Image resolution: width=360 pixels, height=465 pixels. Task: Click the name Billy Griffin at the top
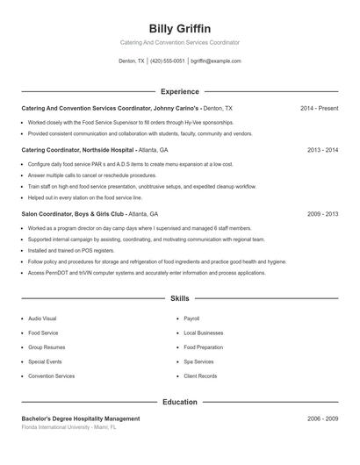point(179,28)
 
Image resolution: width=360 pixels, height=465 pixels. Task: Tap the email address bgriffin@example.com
point(215,61)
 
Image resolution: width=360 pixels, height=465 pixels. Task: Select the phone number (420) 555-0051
point(168,61)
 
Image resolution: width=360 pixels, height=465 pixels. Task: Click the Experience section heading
point(179,91)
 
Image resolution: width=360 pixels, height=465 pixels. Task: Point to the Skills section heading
point(179,299)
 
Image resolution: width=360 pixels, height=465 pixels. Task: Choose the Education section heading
point(179,402)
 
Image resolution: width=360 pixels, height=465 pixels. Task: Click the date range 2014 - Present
point(319,108)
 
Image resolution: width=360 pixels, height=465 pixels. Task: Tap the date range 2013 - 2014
point(322,150)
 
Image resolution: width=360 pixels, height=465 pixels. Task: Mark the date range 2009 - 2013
point(322,213)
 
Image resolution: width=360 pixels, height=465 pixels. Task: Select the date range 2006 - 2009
point(322,419)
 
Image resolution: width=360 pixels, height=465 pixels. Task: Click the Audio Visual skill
point(42,318)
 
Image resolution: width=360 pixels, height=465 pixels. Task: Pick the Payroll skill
point(191,318)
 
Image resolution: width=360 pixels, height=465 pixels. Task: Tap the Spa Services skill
point(198,361)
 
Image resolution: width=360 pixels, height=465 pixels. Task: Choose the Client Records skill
point(200,376)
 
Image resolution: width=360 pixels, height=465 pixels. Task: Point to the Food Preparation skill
point(202,347)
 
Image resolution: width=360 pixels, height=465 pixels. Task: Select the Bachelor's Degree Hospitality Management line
point(81,419)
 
